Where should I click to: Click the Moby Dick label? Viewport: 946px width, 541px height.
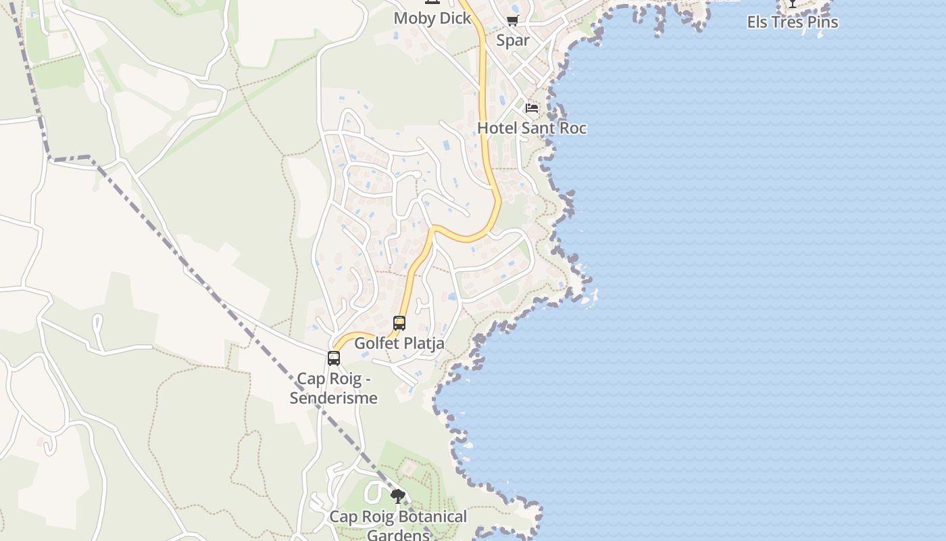[x=432, y=18]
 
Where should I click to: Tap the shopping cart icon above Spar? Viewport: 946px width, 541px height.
[x=513, y=20]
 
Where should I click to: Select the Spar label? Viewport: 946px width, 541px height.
[x=513, y=40]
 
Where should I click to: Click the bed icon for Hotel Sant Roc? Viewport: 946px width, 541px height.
[x=532, y=108]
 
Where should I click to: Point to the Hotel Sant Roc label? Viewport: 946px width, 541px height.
[x=532, y=128]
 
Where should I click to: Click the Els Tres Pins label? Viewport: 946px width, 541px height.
[x=792, y=22]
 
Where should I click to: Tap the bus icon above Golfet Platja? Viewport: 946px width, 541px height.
[x=399, y=323]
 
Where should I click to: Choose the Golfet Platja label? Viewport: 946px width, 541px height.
[x=399, y=343]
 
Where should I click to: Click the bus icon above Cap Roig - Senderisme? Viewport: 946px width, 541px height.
[x=334, y=358]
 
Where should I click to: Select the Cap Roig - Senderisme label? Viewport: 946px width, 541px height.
[x=334, y=388]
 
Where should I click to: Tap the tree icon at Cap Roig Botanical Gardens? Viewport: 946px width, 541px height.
[x=398, y=497]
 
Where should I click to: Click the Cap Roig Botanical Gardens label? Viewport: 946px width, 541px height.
[x=398, y=525]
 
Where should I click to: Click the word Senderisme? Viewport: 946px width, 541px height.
[x=334, y=398]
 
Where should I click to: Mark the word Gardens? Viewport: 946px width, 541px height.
[x=398, y=535]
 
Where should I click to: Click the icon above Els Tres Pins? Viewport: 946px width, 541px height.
[x=792, y=3]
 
